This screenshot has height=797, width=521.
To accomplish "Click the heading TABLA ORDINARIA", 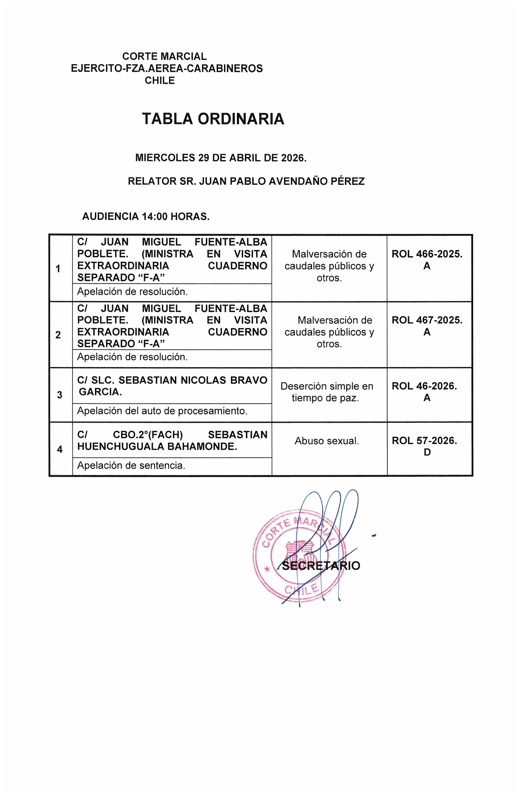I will pos(213,119).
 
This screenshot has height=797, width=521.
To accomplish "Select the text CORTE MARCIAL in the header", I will pos(164,56).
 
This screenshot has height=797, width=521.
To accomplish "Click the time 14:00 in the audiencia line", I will pos(155,217).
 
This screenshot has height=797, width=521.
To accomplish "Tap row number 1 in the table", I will pos(58,269).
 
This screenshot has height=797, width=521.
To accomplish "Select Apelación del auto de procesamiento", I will pos(162,411).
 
